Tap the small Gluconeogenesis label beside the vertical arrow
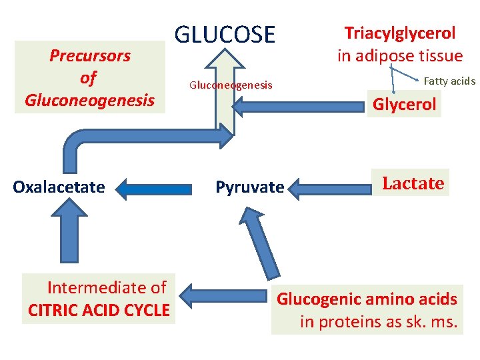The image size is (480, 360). pos(231,85)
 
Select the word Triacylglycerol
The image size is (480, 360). pos(399,33)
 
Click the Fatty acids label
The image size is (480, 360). pos(449,81)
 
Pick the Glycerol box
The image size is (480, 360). pos(404,104)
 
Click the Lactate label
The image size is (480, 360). pos(413,183)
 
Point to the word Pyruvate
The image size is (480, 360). pos(249,187)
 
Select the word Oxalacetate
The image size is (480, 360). pos(59,187)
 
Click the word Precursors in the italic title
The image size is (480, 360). pos(90,55)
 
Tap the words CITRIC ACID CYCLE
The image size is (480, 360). pos(99,310)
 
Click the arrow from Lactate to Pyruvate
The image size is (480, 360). pos(329,189)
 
